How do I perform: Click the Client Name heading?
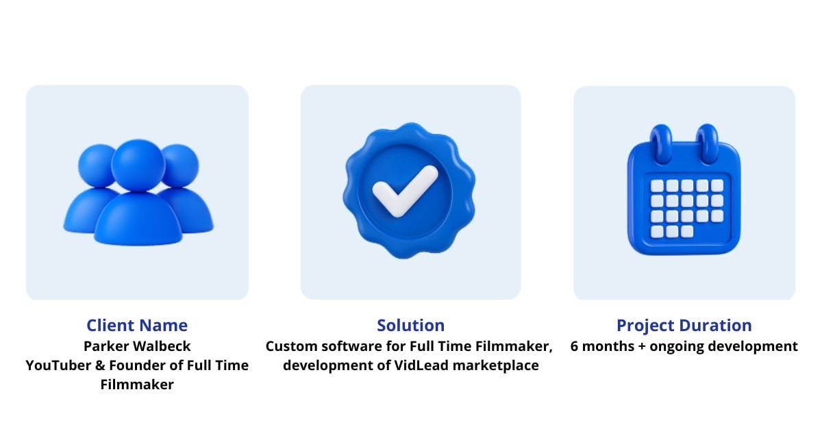click(x=137, y=326)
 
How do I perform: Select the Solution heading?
click(x=410, y=326)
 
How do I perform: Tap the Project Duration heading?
click(x=684, y=326)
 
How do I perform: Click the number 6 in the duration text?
click(x=575, y=346)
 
